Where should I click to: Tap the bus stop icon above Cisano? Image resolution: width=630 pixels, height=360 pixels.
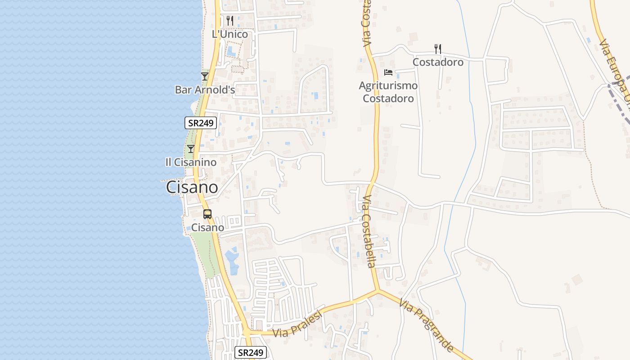[207, 214]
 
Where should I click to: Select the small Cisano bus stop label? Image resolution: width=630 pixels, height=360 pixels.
[207, 228]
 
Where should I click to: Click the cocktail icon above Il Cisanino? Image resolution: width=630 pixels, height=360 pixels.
[191, 148]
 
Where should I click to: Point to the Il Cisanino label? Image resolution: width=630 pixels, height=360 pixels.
[191, 162]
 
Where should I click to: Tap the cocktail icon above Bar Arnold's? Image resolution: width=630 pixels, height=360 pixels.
[205, 76]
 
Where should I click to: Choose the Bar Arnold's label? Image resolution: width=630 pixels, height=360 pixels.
[205, 90]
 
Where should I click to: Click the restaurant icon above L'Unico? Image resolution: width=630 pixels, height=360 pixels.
[230, 20]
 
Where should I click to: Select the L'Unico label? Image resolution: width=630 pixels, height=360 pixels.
[230, 34]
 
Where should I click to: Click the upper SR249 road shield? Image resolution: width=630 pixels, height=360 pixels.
[201, 122]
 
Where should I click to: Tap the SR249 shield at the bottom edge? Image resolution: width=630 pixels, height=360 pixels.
[251, 352]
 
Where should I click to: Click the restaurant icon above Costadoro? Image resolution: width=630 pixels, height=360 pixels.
[438, 49]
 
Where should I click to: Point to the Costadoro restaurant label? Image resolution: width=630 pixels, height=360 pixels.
[438, 62]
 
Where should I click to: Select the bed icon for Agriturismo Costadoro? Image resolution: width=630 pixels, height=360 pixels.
[388, 72]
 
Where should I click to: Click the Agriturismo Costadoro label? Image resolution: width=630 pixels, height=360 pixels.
[388, 92]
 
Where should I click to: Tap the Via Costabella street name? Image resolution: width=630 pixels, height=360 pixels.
[369, 231]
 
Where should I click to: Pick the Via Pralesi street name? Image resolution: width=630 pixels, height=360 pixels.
[298, 324]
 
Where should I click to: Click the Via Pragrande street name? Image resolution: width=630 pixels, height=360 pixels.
[426, 326]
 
